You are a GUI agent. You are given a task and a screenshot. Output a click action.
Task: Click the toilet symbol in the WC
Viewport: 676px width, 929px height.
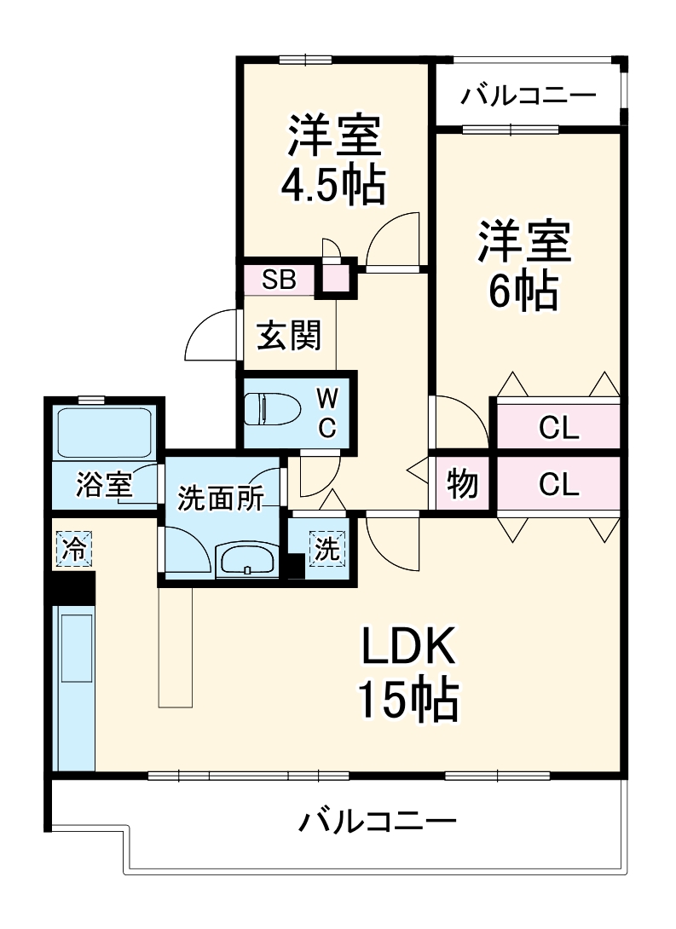[x=271, y=409]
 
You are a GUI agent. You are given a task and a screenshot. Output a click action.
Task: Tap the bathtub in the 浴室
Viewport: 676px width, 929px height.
[x=103, y=434]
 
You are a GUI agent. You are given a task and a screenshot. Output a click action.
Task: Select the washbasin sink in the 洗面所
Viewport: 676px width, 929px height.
[x=247, y=559]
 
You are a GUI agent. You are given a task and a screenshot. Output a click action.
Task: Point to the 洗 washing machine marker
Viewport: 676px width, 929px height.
[x=326, y=549]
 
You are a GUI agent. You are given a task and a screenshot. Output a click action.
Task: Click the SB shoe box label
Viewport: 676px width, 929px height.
[x=279, y=280]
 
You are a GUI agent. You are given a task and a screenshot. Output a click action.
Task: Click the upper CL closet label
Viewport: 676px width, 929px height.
[x=559, y=428]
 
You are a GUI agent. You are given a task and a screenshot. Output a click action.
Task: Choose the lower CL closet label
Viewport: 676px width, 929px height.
[x=559, y=485]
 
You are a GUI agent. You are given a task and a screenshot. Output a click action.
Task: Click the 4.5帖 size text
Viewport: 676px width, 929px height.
[x=333, y=185]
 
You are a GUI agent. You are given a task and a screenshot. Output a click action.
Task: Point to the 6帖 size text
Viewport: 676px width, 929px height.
[x=523, y=291]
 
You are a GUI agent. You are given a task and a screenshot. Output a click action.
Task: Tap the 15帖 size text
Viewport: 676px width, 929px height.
[x=407, y=701]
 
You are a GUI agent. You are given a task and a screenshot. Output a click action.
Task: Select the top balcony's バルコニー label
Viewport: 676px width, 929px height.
[x=529, y=95]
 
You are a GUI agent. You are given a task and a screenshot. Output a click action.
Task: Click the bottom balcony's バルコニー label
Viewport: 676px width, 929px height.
[x=377, y=822]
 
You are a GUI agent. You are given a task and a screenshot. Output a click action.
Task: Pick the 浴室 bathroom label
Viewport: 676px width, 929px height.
[x=103, y=486]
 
